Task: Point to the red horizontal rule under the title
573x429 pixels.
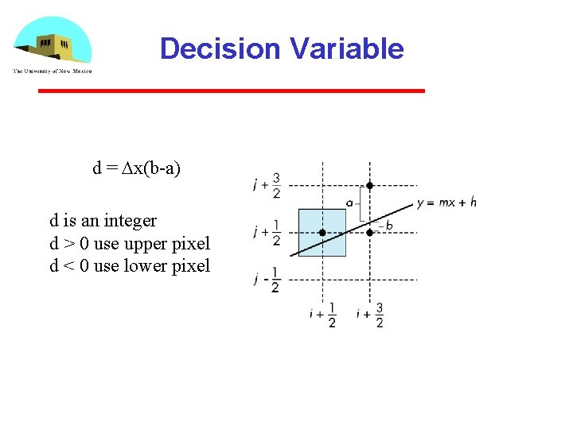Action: (x=232, y=91)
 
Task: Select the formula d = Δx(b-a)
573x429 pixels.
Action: (x=137, y=168)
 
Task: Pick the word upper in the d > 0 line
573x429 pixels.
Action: (x=146, y=243)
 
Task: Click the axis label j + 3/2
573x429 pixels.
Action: (x=267, y=185)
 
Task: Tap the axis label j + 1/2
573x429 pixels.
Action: (x=267, y=233)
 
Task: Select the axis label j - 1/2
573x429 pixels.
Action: (x=267, y=280)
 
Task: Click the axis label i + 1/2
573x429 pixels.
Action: (x=322, y=315)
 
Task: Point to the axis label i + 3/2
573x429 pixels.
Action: (x=370, y=315)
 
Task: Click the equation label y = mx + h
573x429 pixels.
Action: (x=446, y=203)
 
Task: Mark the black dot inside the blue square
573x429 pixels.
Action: (x=322, y=233)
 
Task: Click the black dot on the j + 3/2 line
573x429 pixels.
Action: (x=369, y=185)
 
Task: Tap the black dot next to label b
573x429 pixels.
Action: (x=369, y=233)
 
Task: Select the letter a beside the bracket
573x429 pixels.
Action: (x=349, y=203)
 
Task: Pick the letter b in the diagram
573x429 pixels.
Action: (x=389, y=226)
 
